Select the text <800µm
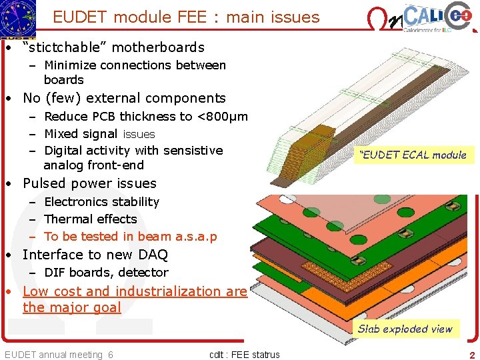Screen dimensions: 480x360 click(x=222, y=116)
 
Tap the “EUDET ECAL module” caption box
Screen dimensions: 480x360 click(x=413, y=155)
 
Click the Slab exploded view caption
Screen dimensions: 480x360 click(x=405, y=329)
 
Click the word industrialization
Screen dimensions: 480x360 click(x=171, y=291)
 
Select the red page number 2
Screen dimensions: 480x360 click(x=472, y=355)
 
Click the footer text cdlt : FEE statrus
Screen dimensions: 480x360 click(x=244, y=355)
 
